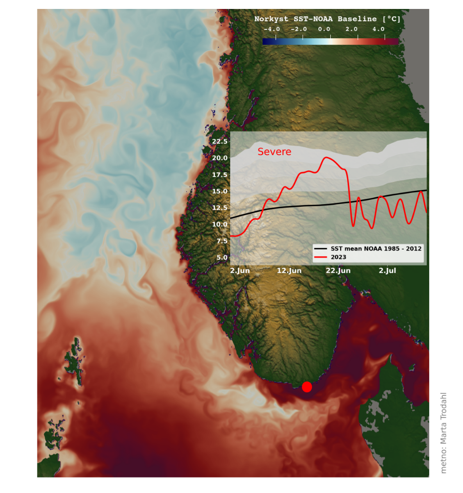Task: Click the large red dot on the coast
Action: click(307, 387)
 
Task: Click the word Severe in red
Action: click(275, 152)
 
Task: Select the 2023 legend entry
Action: click(338, 257)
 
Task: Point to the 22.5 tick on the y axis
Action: click(220, 142)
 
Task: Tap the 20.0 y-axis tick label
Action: click(220, 158)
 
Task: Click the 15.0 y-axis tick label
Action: click(220, 191)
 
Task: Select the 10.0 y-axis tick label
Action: click(220, 224)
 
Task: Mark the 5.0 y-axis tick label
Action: click(222, 257)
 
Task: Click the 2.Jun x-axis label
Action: click(240, 271)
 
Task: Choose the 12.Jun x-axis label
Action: click(289, 271)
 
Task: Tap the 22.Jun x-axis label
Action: click(338, 271)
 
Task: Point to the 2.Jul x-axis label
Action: click(387, 271)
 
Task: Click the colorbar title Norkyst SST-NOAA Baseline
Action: click(327, 19)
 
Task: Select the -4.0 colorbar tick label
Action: click(271, 29)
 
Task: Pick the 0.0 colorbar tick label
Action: click(324, 29)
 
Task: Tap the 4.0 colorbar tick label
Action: click(378, 29)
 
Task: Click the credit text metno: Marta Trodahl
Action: click(444, 432)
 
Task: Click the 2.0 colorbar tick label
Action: click(352, 29)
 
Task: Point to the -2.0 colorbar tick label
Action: click(298, 29)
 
